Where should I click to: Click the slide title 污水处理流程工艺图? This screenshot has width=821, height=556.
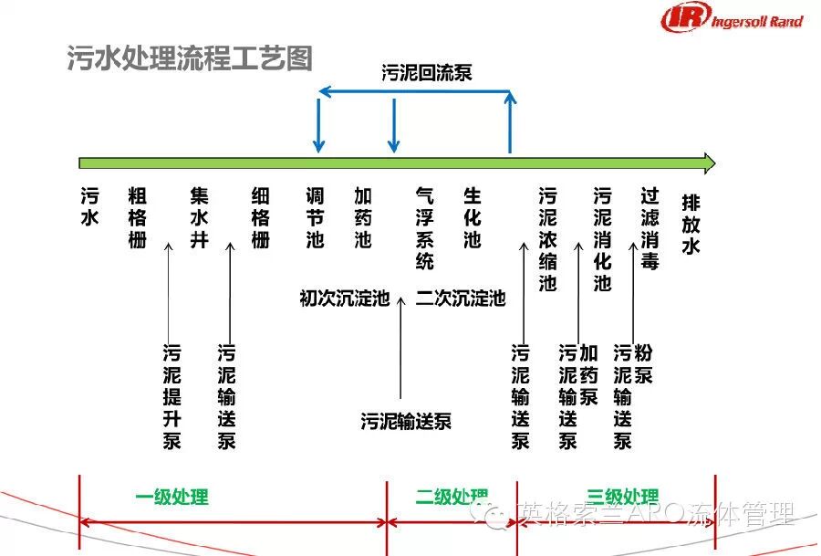point(190,58)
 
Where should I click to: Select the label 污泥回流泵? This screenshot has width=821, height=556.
point(427,73)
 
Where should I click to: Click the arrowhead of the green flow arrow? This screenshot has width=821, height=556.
point(707,163)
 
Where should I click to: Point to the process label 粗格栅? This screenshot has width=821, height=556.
point(137,218)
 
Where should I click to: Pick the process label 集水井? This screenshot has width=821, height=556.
point(199,218)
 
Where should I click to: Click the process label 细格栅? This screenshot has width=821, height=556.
point(261,218)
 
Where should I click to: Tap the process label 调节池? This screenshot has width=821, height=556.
point(315,218)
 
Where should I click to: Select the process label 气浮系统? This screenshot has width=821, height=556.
point(425,228)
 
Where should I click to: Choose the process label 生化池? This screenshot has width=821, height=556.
point(472,218)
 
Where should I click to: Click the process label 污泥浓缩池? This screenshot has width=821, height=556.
point(547,239)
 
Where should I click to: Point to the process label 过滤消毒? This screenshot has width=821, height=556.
point(650,228)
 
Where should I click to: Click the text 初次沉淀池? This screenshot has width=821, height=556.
point(344,299)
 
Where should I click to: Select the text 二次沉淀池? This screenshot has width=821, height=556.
point(461,299)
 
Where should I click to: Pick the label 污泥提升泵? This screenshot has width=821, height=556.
point(171,396)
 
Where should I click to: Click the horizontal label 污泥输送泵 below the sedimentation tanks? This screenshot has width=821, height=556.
point(406,422)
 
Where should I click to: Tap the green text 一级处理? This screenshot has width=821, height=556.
point(171,498)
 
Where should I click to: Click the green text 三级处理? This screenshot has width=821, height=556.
point(622,498)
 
